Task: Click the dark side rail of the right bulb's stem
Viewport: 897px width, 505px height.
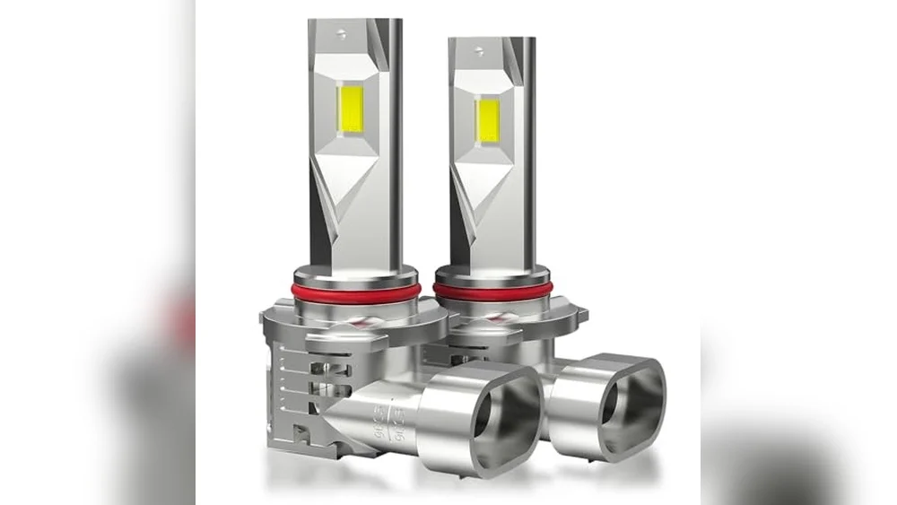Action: point(527,144)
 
